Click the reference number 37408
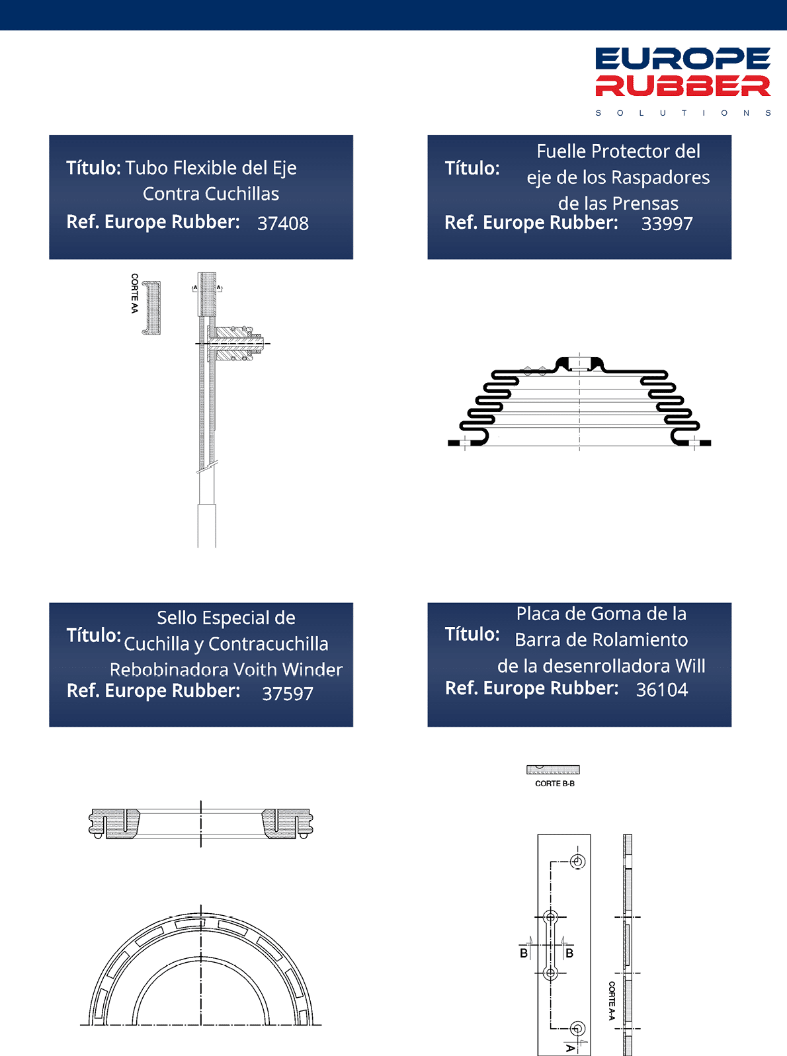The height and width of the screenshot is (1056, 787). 283,223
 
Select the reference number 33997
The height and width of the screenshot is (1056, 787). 667,223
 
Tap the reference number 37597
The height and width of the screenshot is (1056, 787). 288,693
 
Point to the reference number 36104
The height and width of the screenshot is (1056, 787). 662,690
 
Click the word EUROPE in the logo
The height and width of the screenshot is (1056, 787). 683,59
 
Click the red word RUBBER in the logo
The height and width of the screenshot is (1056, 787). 683,86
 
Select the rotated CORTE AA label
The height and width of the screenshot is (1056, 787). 135,294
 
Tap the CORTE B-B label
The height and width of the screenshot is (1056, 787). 555,783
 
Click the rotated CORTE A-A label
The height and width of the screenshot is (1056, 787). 612,1000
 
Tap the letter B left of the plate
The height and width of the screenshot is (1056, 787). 524,953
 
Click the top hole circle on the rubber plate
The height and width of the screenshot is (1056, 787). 578,862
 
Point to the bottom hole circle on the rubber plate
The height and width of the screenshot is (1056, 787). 578,1028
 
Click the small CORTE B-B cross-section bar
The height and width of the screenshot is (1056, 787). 553,770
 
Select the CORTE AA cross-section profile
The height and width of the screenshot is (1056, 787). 152,307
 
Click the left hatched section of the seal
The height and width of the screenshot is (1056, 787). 115,823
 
